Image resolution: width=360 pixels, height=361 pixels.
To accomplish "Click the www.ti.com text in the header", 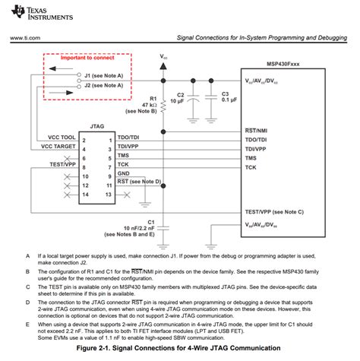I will click(25, 36).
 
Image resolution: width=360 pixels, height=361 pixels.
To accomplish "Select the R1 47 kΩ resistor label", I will click(149, 104).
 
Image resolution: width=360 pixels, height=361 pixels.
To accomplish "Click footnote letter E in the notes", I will click(27, 323).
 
